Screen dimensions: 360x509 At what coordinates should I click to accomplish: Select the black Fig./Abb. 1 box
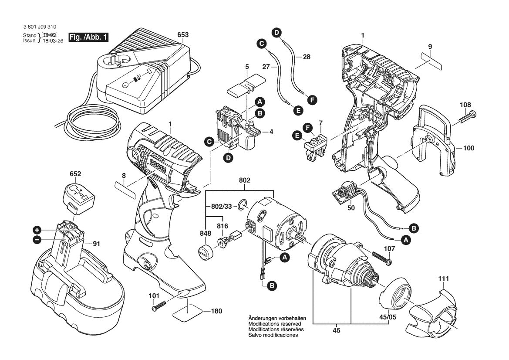pyautogui.click(x=89, y=37)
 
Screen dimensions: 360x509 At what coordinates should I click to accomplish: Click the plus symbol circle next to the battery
pyautogui.click(x=37, y=230)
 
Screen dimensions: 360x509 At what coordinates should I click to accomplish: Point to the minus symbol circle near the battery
pyautogui.click(x=37, y=239)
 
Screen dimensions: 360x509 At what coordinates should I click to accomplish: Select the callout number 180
pyautogui.click(x=216, y=311)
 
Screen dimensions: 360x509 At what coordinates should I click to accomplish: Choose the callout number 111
pyautogui.click(x=443, y=278)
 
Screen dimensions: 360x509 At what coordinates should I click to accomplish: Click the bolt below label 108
pyautogui.click(x=466, y=117)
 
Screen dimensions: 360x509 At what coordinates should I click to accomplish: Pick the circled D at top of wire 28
pyautogui.click(x=276, y=32)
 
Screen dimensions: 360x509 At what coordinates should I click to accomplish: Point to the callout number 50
pyautogui.click(x=351, y=208)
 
